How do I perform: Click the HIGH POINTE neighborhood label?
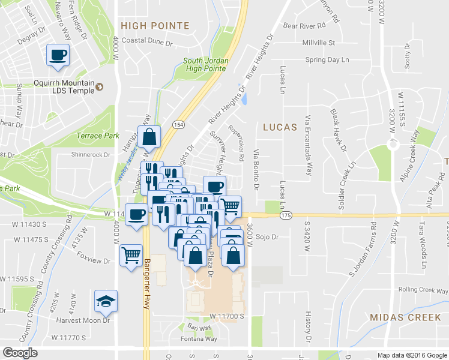point(155,26)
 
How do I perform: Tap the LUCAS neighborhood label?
point(280,127)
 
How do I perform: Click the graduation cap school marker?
point(106,302)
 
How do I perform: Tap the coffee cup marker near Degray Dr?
point(58,55)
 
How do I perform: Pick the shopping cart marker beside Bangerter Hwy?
point(131,255)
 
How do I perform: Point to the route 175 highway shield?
point(285,215)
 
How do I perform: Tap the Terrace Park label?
point(90,136)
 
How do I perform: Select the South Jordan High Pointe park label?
point(205,65)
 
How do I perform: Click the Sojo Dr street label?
point(268,237)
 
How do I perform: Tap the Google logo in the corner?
point(20,353)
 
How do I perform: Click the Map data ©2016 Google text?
point(412,355)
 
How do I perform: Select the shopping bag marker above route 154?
point(148,137)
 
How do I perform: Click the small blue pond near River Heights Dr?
point(244,99)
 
